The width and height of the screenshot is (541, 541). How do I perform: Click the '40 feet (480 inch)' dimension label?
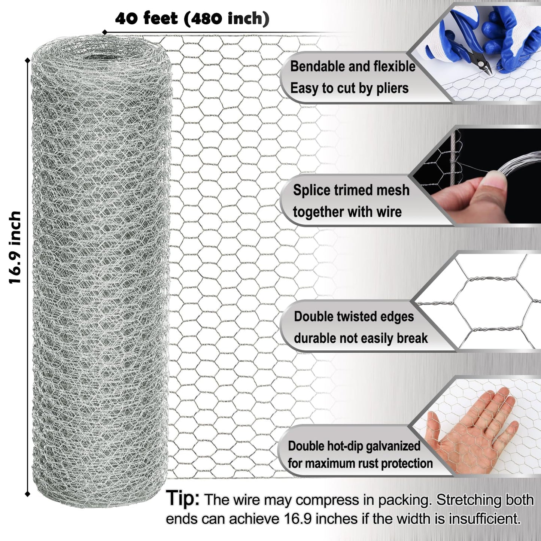pos(192,19)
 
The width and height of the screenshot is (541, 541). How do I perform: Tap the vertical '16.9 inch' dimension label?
pos(15,247)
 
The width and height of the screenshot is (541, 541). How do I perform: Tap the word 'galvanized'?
pos(393,446)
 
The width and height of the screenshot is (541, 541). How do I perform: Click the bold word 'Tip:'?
pos(183,499)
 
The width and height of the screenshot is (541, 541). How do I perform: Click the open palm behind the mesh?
pos(474,431)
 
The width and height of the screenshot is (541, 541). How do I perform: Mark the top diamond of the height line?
pos(27,60)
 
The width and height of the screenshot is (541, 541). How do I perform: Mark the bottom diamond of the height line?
pos(27,494)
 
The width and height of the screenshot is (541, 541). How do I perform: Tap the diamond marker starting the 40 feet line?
pos(104,33)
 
